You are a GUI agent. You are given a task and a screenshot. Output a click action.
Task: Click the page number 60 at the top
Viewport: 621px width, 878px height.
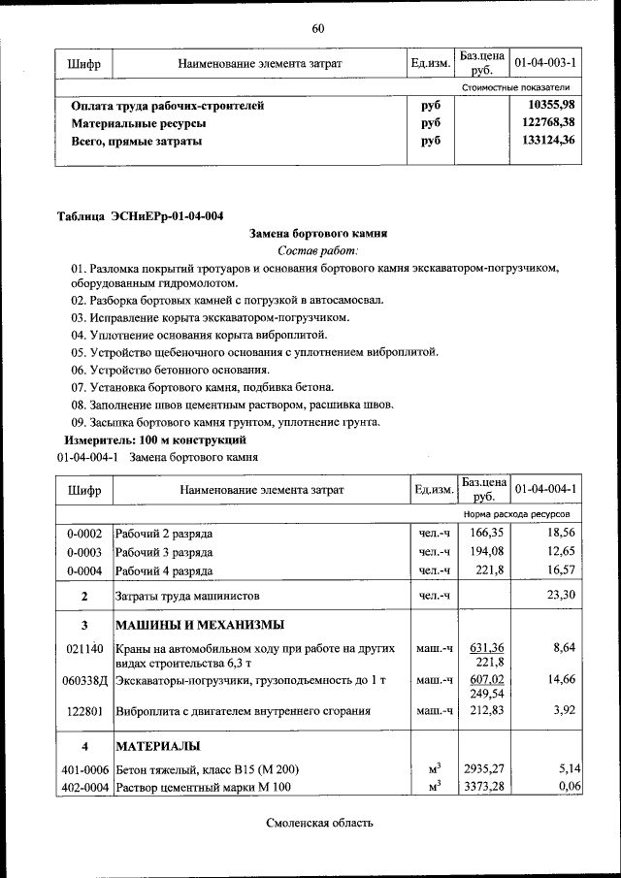pos(317,27)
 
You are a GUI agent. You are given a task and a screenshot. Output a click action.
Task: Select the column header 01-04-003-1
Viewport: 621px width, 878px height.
pos(545,63)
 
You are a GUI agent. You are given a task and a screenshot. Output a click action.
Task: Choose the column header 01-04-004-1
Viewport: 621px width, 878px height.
pos(545,489)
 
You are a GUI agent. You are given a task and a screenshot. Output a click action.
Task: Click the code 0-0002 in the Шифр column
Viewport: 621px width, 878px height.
pos(84,534)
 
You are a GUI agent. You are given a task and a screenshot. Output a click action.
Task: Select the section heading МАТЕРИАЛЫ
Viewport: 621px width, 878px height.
pos(159,746)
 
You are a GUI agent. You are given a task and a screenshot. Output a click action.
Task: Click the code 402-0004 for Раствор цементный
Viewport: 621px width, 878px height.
pos(84,787)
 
